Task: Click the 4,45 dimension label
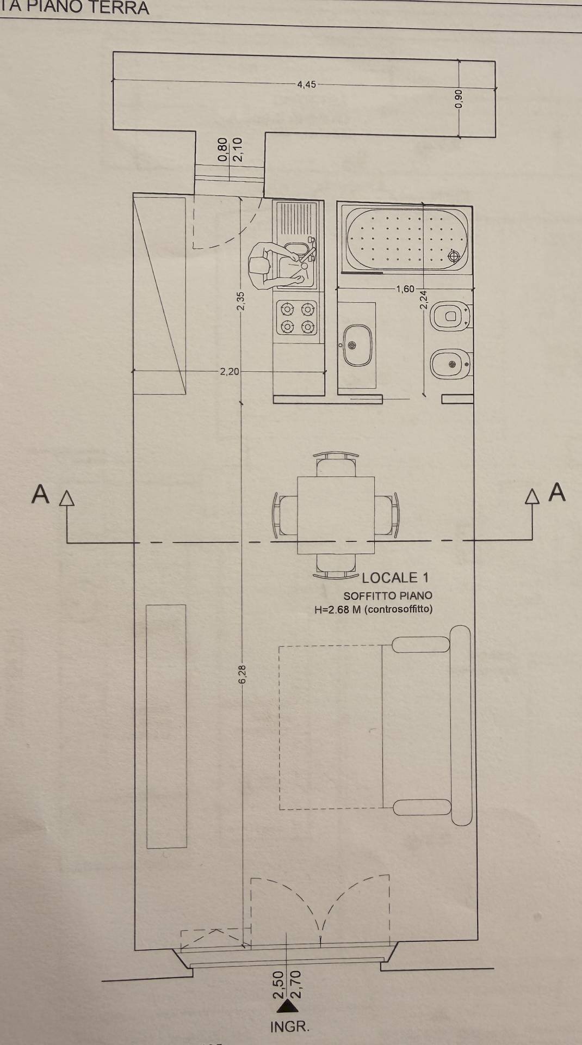click(306, 84)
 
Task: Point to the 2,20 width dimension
click(229, 372)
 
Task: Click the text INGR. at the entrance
click(290, 1027)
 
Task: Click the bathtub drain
click(453, 255)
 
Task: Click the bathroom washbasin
click(357, 345)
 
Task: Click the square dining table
click(336, 515)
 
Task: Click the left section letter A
click(40, 495)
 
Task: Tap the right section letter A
click(557, 492)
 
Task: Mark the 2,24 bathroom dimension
click(424, 300)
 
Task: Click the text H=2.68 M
click(337, 610)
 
